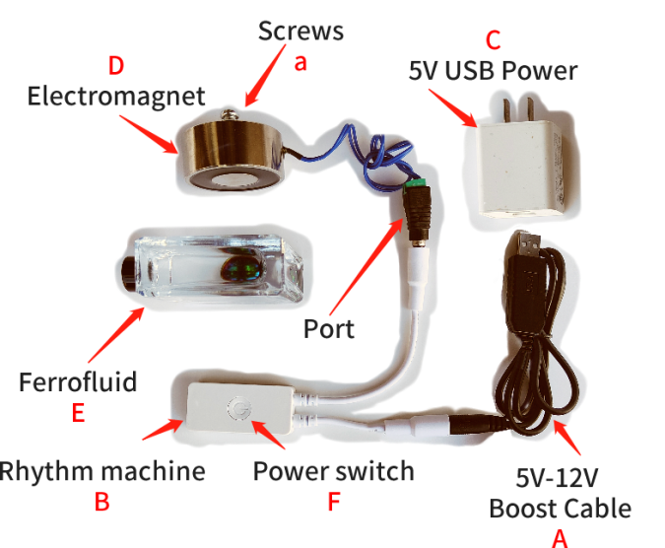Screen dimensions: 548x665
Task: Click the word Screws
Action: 300,31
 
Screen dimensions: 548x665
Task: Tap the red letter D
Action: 116,67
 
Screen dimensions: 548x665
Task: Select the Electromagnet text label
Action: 116,97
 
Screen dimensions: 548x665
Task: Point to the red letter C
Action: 494,41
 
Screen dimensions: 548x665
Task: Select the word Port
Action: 329,328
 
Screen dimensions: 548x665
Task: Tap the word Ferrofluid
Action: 77,381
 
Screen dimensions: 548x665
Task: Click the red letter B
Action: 101,502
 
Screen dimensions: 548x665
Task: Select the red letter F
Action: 333,502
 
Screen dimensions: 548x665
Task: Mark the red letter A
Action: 561,537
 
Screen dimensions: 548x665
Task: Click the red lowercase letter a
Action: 301,61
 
